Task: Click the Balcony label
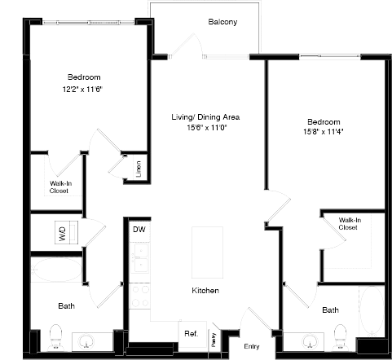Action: point(222,22)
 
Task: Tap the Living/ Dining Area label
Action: point(205,116)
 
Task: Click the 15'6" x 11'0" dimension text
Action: point(205,127)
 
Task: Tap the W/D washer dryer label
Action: point(62,231)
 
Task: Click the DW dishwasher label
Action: point(138,230)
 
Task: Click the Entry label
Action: point(251,345)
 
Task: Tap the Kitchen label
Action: point(205,291)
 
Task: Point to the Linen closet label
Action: point(139,169)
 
